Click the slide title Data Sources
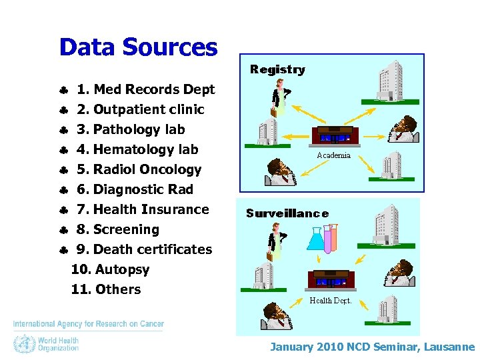pyautogui.click(x=138, y=47)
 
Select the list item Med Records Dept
pyautogui.click(x=145, y=89)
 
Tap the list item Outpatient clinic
pyautogui.click(x=140, y=109)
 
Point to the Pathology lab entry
pyautogui.click(x=131, y=129)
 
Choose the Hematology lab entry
pyautogui.click(x=137, y=149)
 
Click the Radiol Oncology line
pyautogui.click(x=139, y=169)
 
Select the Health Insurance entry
pyautogui.click(x=143, y=209)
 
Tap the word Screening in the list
pyautogui.click(x=126, y=229)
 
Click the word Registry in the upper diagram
pyautogui.click(x=277, y=69)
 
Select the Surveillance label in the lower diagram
pyautogui.click(x=287, y=213)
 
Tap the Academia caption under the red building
pyautogui.click(x=334, y=155)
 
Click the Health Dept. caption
pyautogui.click(x=331, y=301)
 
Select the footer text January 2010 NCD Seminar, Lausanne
pyautogui.click(x=372, y=347)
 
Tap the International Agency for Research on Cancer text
pyautogui.click(x=89, y=324)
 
